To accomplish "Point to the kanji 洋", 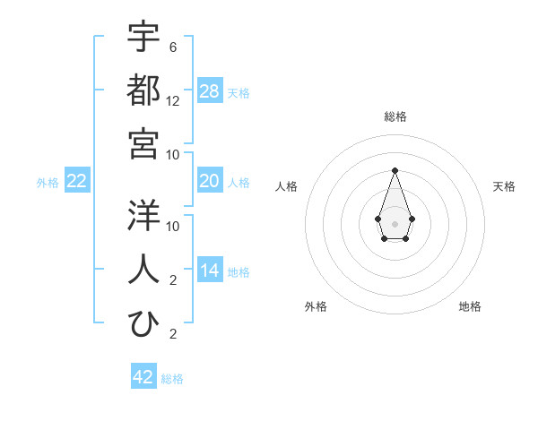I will [143, 215].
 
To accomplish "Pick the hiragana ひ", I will [143, 322].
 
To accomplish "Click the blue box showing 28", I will [210, 91].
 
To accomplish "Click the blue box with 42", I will [143, 377].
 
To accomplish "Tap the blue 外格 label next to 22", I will [48, 183].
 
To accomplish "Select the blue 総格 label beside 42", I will [172, 378].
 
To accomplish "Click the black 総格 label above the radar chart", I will [395, 116].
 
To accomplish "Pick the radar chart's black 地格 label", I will [470, 306].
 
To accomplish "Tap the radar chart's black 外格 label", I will [316, 306].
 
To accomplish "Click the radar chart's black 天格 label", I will [504, 186].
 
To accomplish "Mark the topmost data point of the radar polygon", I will [395, 170].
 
